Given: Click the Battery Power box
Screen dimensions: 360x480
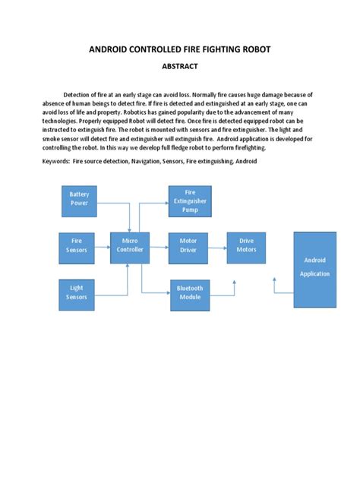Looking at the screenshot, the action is point(80,199).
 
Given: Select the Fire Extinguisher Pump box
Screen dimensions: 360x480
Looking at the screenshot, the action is point(190,201).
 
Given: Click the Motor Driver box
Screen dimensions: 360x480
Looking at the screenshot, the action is point(188,245).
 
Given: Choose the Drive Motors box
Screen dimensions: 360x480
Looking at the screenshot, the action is point(247,245).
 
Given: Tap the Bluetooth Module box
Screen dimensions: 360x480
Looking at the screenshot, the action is point(190,292).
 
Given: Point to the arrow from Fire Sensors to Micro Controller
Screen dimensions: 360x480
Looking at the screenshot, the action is point(104,245).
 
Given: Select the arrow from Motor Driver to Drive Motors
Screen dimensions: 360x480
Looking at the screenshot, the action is point(218,245).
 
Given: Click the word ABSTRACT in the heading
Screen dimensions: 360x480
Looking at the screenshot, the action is point(179,66).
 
